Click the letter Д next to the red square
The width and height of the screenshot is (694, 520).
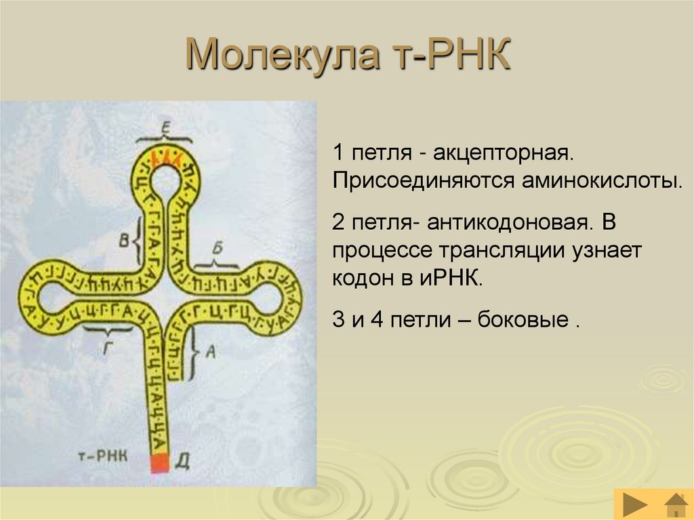[182, 463]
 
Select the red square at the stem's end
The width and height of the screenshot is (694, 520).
[159, 463]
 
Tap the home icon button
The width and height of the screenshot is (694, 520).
[675, 505]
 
